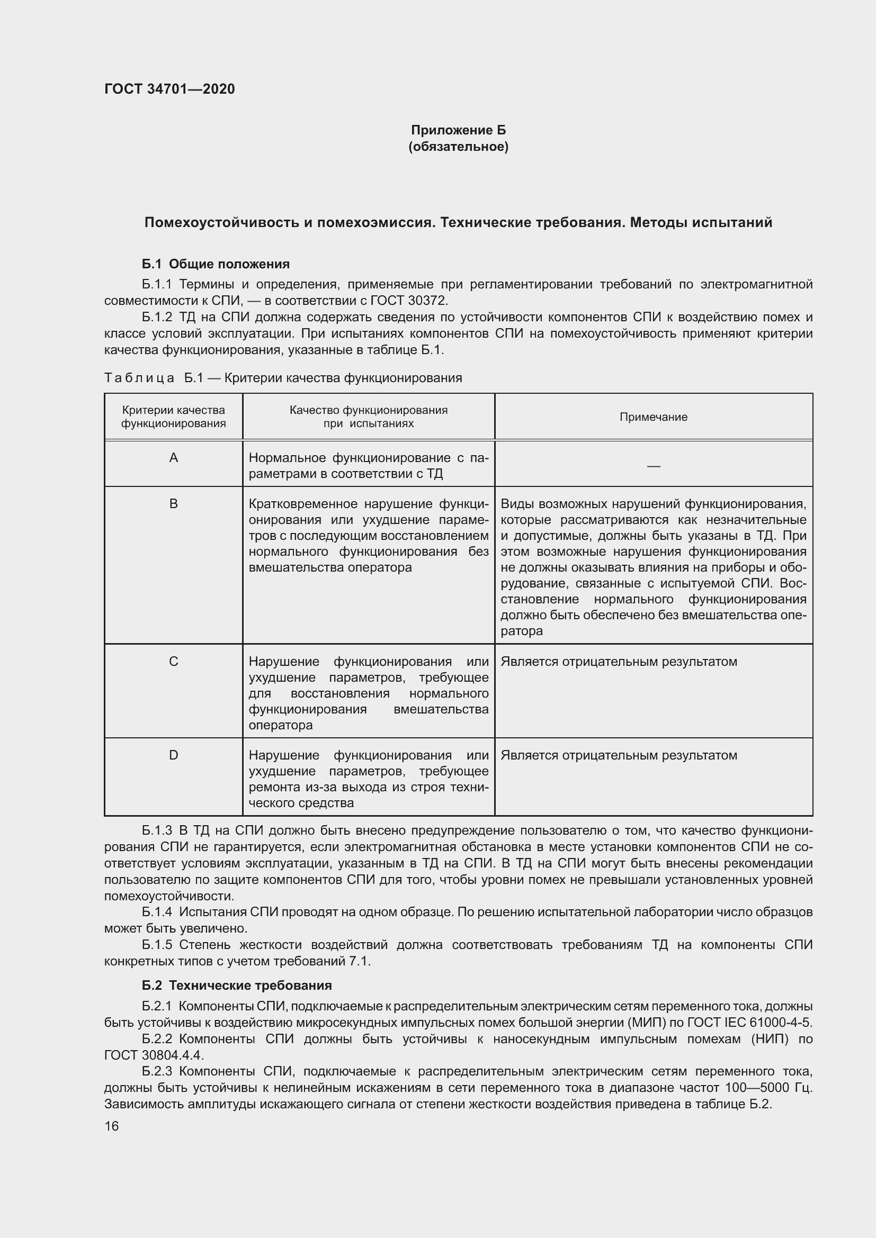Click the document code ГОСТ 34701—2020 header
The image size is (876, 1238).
[x=169, y=89]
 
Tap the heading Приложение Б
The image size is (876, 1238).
[x=458, y=130]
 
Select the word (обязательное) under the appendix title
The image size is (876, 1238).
[x=458, y=147]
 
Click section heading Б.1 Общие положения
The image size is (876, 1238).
[x=216, y=264]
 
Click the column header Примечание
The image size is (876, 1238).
[x=652, y=417]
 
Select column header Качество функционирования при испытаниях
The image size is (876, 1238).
[x=369, y=416]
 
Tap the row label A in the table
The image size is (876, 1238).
[x=173, y=458]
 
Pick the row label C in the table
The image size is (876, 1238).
[x=173, y=661]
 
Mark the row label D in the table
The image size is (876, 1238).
[x=173, y=755]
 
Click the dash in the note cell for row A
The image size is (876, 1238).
[x=653, y=465]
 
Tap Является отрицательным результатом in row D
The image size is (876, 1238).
[x=618, y=755]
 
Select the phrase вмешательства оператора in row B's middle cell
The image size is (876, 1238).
[x=330, y=567]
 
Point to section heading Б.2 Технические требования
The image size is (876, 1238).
[x=237, y=985]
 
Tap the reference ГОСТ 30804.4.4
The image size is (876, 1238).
[x=154, y=1055]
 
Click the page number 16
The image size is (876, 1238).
[x=111, y=1126]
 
